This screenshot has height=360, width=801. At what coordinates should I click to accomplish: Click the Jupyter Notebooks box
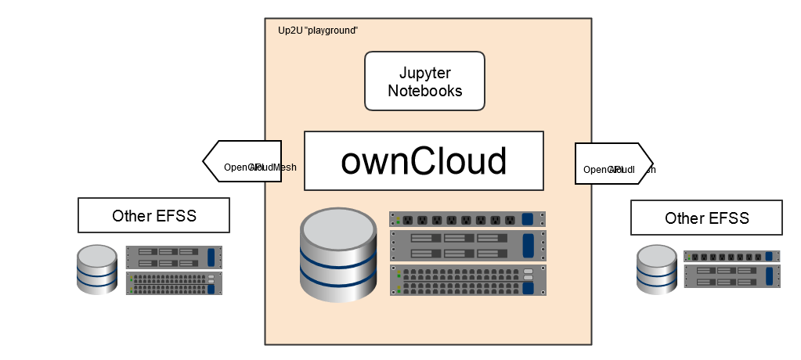coord(424,81)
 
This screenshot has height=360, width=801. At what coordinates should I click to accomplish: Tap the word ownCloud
coord(424,160)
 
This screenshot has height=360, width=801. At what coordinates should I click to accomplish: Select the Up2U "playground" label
coord(318,31)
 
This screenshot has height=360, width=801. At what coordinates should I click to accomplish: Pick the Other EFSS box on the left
coord(153,215)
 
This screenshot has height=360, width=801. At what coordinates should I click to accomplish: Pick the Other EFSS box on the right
coord(706,218)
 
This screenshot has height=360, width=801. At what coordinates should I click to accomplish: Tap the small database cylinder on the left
coord(98,269)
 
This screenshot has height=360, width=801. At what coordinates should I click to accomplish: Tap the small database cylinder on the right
coord(656,270)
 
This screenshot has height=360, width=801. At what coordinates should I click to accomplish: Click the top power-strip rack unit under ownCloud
coord(467,219)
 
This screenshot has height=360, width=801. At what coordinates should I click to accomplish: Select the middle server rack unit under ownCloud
coord(467,245)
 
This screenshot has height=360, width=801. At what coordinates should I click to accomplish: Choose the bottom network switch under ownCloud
coord(467,280)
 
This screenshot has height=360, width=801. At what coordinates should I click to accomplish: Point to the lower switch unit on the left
coord(174,283)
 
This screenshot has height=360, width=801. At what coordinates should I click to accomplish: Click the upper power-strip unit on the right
coord(732,256)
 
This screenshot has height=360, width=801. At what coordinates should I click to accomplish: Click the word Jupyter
coord(424,72)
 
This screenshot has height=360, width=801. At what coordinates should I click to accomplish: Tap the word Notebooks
coord(424,90)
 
